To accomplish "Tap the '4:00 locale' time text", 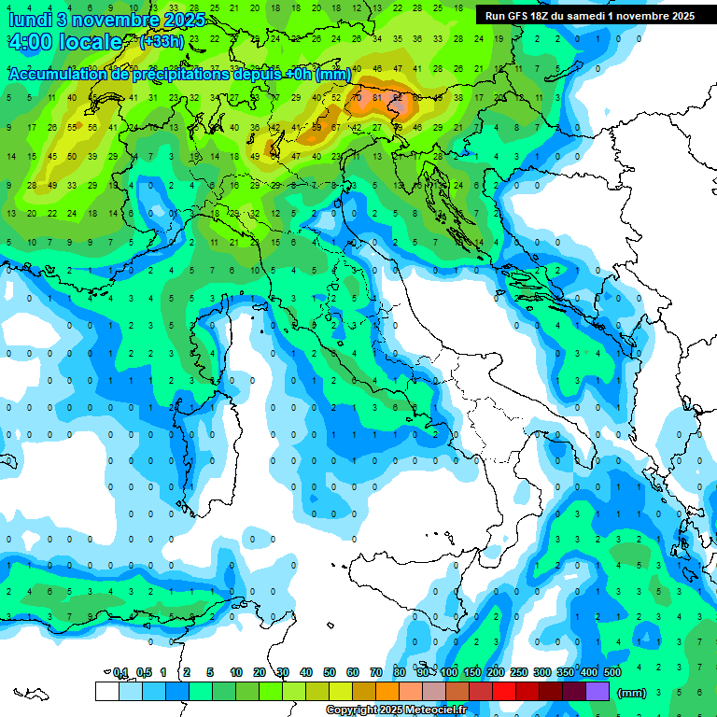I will click(65, 42).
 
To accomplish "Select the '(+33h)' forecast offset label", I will click(162, 42).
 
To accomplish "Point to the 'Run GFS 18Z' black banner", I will click(589, 16).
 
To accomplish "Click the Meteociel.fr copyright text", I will click(397, 710).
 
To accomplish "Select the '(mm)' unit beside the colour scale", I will click(632, 692).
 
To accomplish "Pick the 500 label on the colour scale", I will click(612, 672).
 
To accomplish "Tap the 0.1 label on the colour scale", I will click(120, 672).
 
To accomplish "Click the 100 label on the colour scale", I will click(449, 672).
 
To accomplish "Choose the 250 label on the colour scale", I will click(518, 672).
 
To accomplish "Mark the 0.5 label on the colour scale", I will click(144, 672).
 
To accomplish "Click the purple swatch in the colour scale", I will click(597, 691).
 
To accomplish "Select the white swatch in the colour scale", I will click(106, 691).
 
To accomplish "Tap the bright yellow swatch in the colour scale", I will click(341, 691).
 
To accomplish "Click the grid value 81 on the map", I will click(377, 97).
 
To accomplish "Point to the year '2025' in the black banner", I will click(678, 16).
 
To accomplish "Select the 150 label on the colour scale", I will click(472, 672).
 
